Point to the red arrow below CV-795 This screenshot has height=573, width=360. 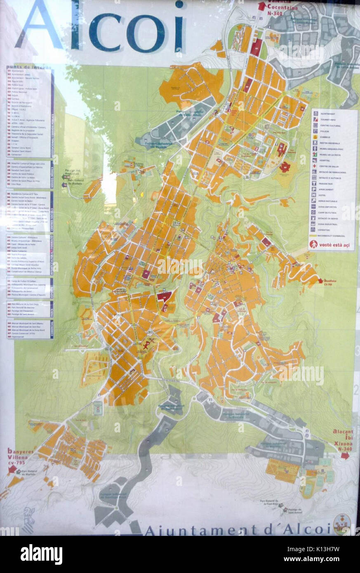coord(12,469)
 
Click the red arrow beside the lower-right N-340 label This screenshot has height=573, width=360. coord(345,455)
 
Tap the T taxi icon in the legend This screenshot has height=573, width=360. coord(314,183)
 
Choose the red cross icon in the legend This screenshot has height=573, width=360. coord(314,166)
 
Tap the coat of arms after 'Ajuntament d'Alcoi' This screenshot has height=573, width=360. coord(341,524)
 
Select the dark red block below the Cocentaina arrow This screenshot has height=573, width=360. coord(256,48)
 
